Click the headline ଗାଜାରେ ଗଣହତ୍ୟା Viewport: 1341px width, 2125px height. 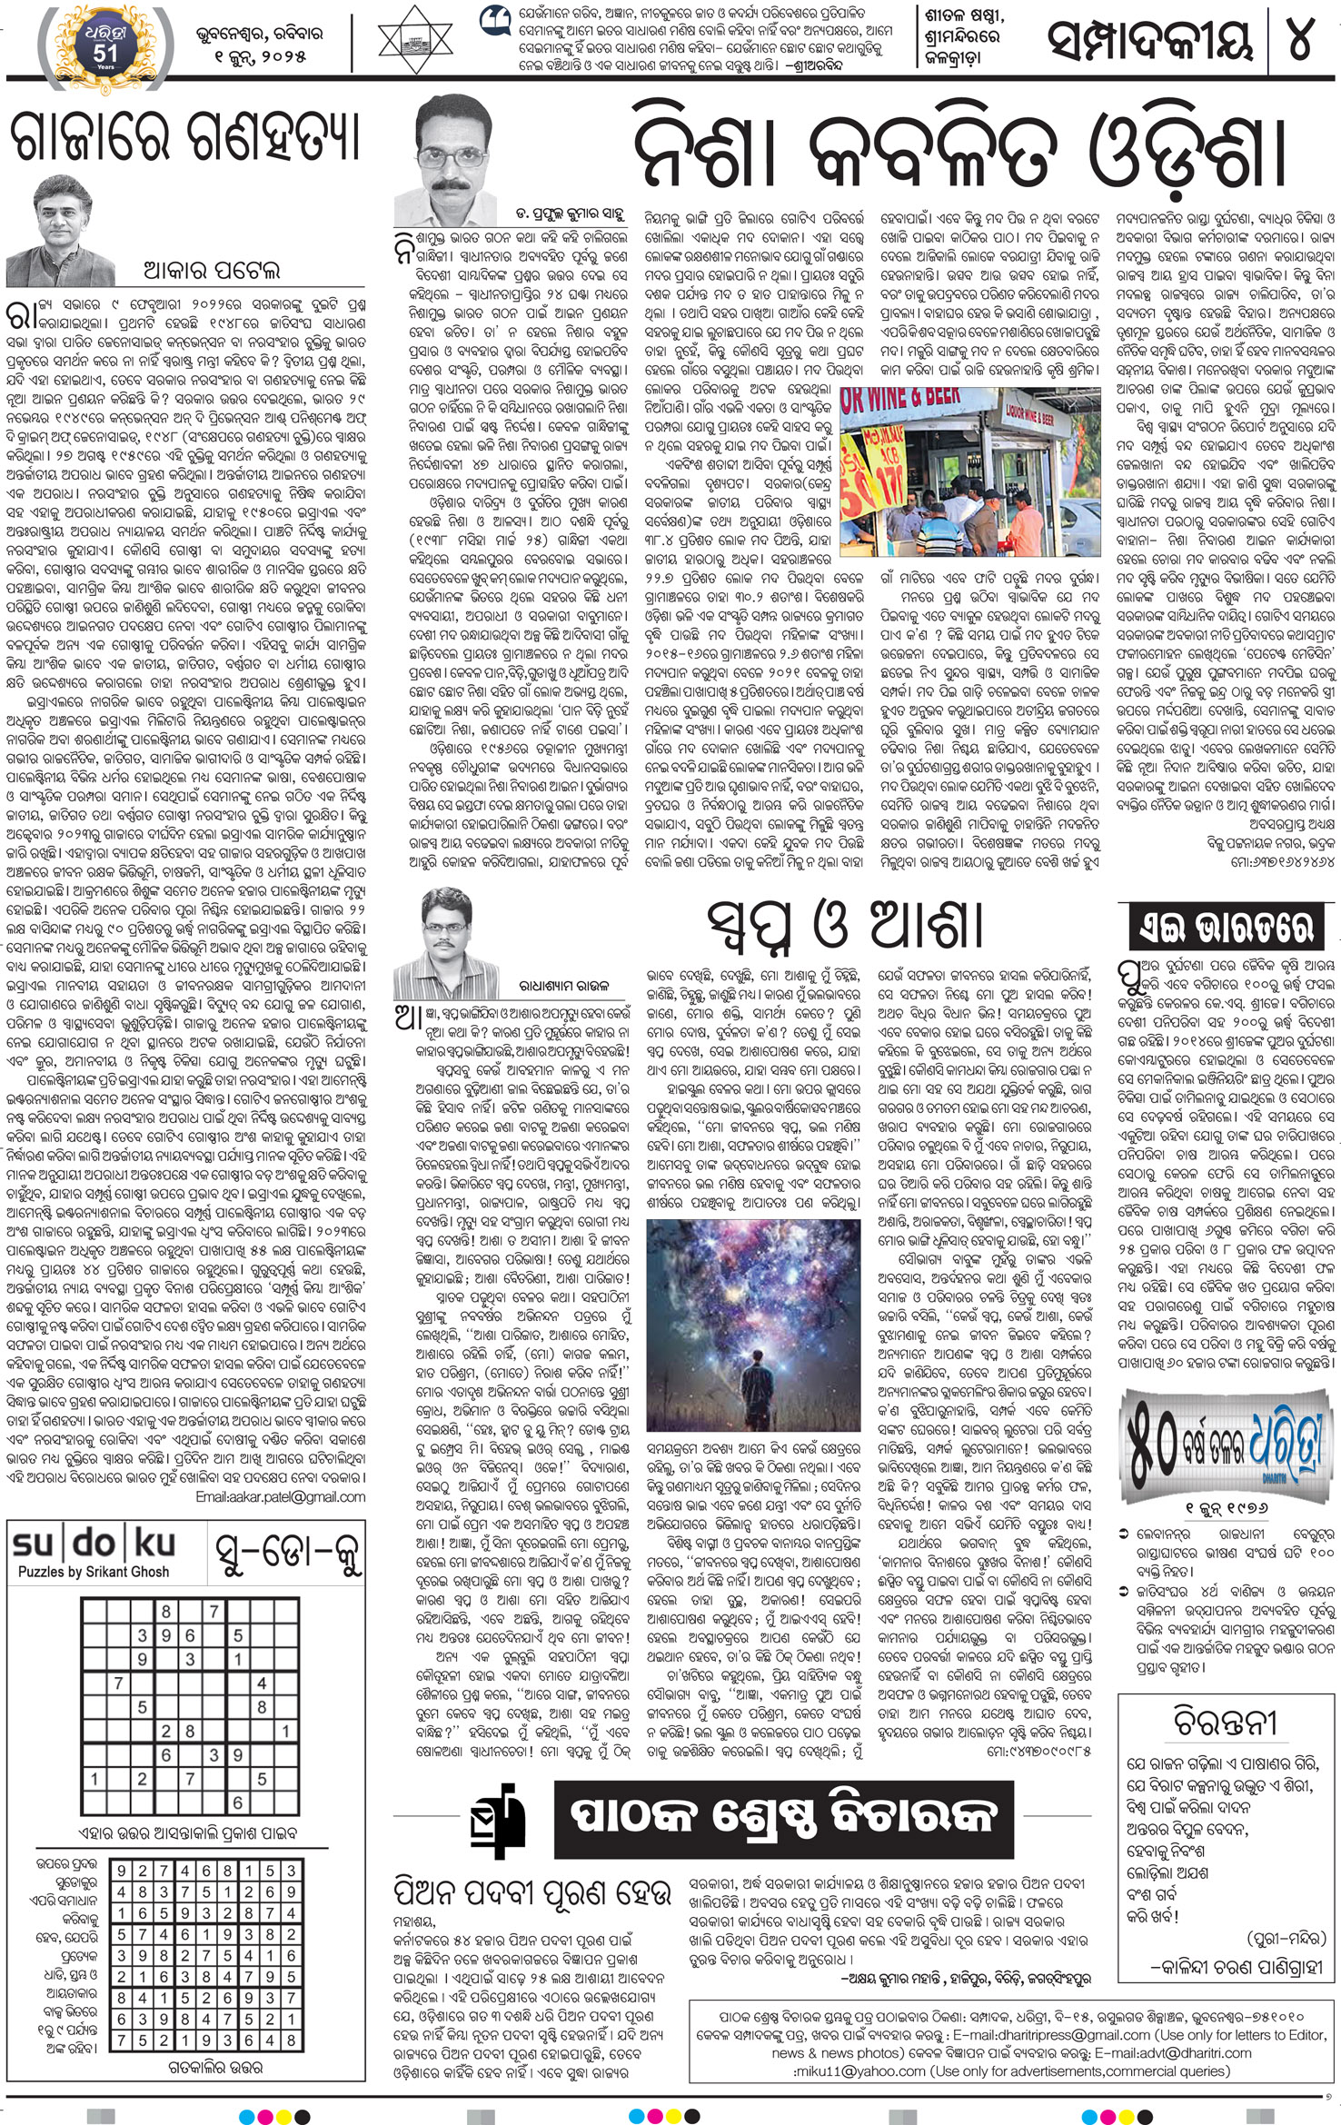tap(186, 139)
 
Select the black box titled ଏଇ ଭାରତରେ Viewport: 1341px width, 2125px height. tap(1224, 928)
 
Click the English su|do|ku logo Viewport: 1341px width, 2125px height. tap(94, 1544)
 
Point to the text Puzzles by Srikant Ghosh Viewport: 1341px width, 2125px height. tap(93, 1572)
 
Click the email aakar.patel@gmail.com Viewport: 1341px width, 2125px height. tap(282, 1496)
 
